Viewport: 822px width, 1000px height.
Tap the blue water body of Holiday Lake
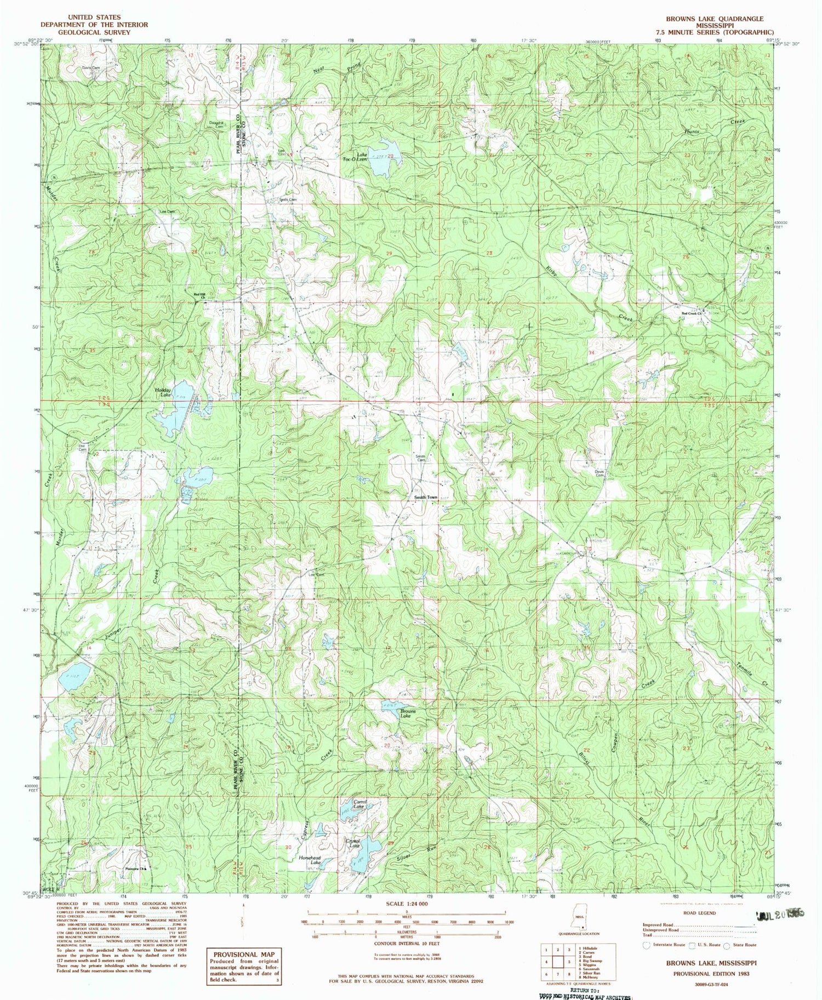(x=173, y=418)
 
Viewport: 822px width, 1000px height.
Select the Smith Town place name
(x=426, y=497)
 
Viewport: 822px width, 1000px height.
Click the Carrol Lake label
(x=359, y=804)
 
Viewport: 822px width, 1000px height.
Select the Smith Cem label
(x=420, y=458)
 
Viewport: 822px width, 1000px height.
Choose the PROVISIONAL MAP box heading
(x=243, y=954)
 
